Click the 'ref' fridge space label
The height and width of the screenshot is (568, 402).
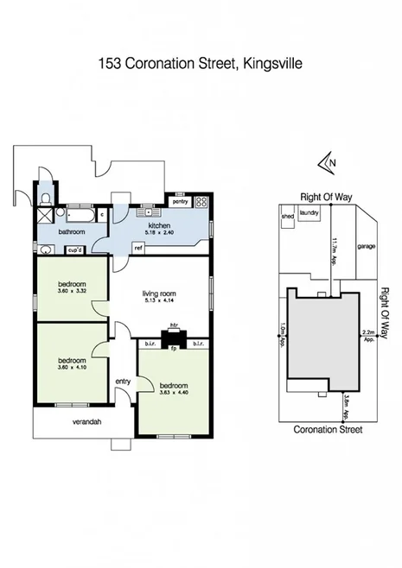point(137,248)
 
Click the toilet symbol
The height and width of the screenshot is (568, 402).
point(44,200)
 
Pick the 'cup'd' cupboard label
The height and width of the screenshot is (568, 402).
point(75,250)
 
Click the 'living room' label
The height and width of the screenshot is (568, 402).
point(158,295)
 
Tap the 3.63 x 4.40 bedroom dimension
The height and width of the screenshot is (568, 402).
point(175,390)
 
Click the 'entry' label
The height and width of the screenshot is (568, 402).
point(122,381)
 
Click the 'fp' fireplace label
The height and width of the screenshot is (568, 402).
point(173,349)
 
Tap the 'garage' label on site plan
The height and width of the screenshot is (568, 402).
point(367,244)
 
